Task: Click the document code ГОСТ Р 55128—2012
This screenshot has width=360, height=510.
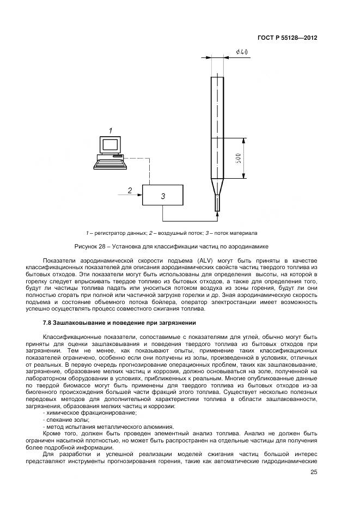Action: tap(287, 38)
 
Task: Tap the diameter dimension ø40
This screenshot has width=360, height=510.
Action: tap(242, 52)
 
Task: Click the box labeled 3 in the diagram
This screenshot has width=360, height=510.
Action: tap(163, 195)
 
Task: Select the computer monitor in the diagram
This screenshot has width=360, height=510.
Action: tap(110, 144)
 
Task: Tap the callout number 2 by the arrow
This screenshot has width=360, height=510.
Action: tap(130, 190)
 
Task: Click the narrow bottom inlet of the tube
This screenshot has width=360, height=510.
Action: tap(217, 204)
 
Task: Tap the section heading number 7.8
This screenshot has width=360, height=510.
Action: tap(48, 322)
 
